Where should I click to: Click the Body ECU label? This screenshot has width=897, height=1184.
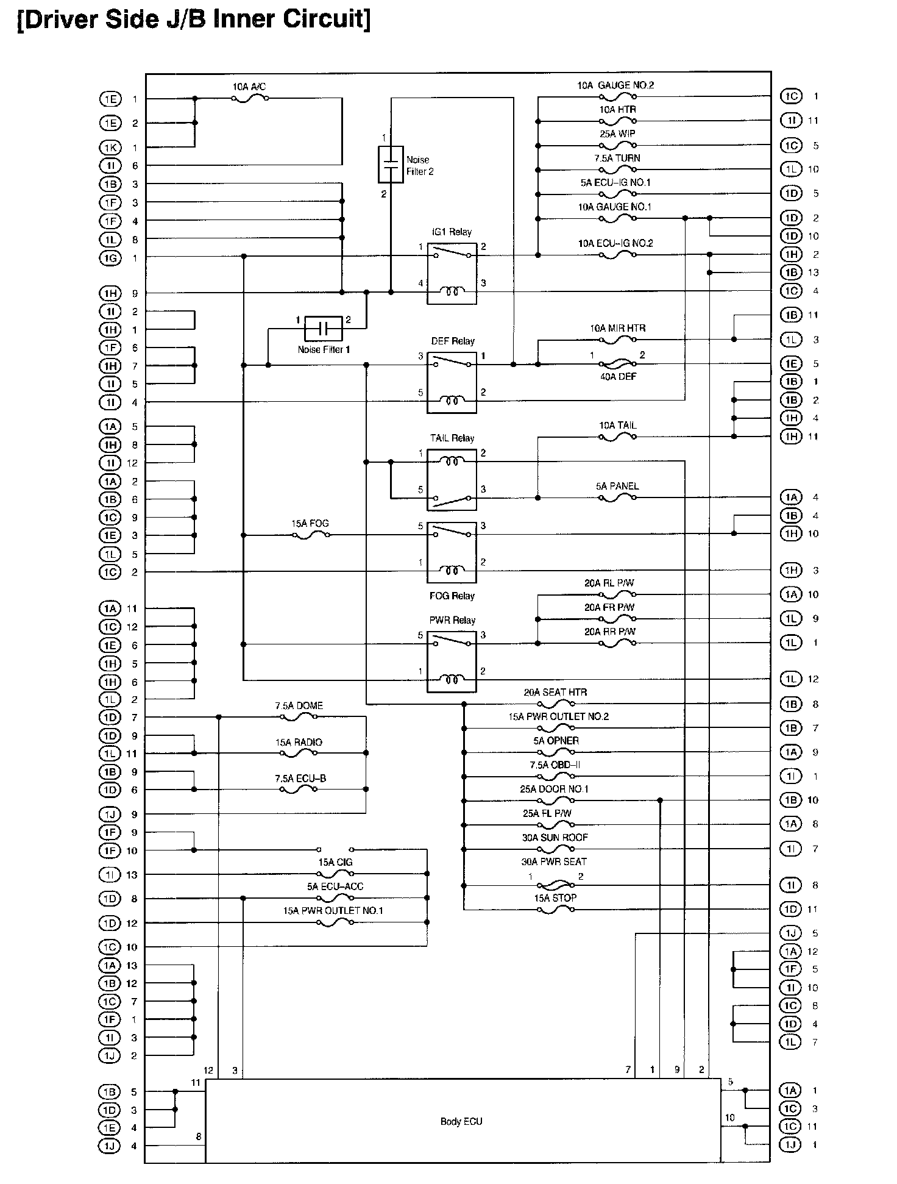pos(461,1121)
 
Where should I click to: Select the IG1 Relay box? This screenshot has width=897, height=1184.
pos(452,273)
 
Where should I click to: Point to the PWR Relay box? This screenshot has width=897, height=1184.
pos(452,662)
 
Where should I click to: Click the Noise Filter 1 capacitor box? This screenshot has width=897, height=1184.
pos(323,329)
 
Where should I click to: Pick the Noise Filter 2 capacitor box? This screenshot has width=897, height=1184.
pos(391,164)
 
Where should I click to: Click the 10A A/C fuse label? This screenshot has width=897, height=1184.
pos(249,87)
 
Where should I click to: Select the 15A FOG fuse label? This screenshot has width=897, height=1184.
pos(310,523)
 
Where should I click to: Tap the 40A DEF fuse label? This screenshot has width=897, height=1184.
pos(618,377)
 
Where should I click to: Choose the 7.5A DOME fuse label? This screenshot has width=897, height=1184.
pos(299,705)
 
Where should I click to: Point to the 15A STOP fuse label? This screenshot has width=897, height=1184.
pos(555,897)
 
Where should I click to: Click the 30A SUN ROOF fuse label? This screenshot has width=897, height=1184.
pos(555,837)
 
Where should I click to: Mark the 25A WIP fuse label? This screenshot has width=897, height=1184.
pos(617,134)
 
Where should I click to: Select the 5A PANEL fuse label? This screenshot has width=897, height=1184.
pos(617,486)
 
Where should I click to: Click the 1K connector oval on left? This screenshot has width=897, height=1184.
pos(110,148)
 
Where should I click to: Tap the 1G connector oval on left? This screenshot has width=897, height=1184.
pos(110,258)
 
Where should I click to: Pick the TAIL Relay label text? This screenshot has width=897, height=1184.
pos(452,438)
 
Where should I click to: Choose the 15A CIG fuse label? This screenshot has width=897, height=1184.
pos(335,862)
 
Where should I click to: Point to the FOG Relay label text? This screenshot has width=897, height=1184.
pos(452,596)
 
